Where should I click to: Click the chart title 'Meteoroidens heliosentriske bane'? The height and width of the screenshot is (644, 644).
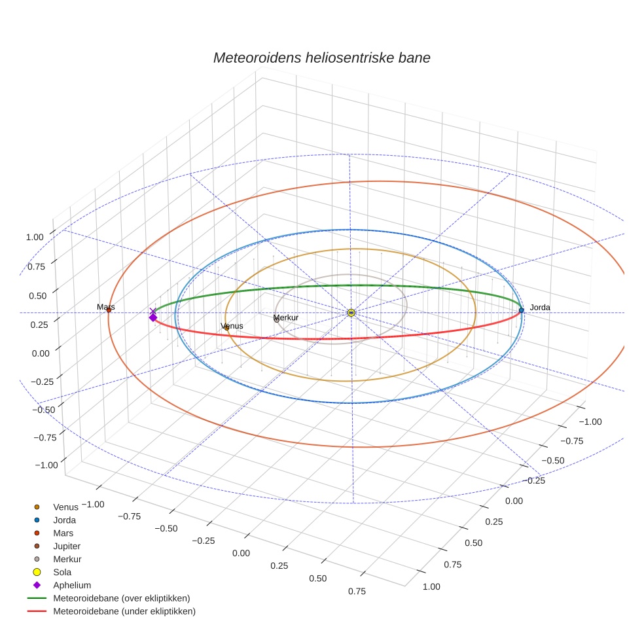coord(321,58)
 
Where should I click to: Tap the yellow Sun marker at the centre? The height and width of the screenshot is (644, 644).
coord(351,313)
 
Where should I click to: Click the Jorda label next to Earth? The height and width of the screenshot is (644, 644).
coord(540,307)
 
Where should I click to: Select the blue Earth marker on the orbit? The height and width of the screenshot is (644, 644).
coord(521,310)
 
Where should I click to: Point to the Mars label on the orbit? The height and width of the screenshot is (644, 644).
coord(106,306)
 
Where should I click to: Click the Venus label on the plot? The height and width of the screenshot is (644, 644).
coord(232,326)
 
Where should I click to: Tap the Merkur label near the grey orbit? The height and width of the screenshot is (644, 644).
coord(286,317)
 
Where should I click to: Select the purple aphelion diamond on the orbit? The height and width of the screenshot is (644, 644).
coord(153,317)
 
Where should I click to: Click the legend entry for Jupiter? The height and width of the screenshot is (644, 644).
coord(67,546)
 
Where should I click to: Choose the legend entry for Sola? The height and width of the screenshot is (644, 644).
coord(62,572)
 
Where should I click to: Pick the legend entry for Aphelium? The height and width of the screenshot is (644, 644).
coord(71,585)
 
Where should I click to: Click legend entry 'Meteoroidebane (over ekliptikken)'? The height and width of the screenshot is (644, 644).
coord(122,598)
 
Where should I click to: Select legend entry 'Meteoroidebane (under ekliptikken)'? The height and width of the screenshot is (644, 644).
coord(124,611)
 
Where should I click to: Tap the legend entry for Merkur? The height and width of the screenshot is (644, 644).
coord(67,559)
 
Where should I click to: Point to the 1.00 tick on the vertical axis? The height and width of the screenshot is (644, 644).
coord(35,238)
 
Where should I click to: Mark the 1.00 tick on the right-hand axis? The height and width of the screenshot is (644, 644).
coord(431,586)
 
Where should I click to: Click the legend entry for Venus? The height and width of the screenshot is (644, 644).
coord(65,507)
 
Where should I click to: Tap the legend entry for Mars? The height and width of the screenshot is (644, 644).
coord(63,533)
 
